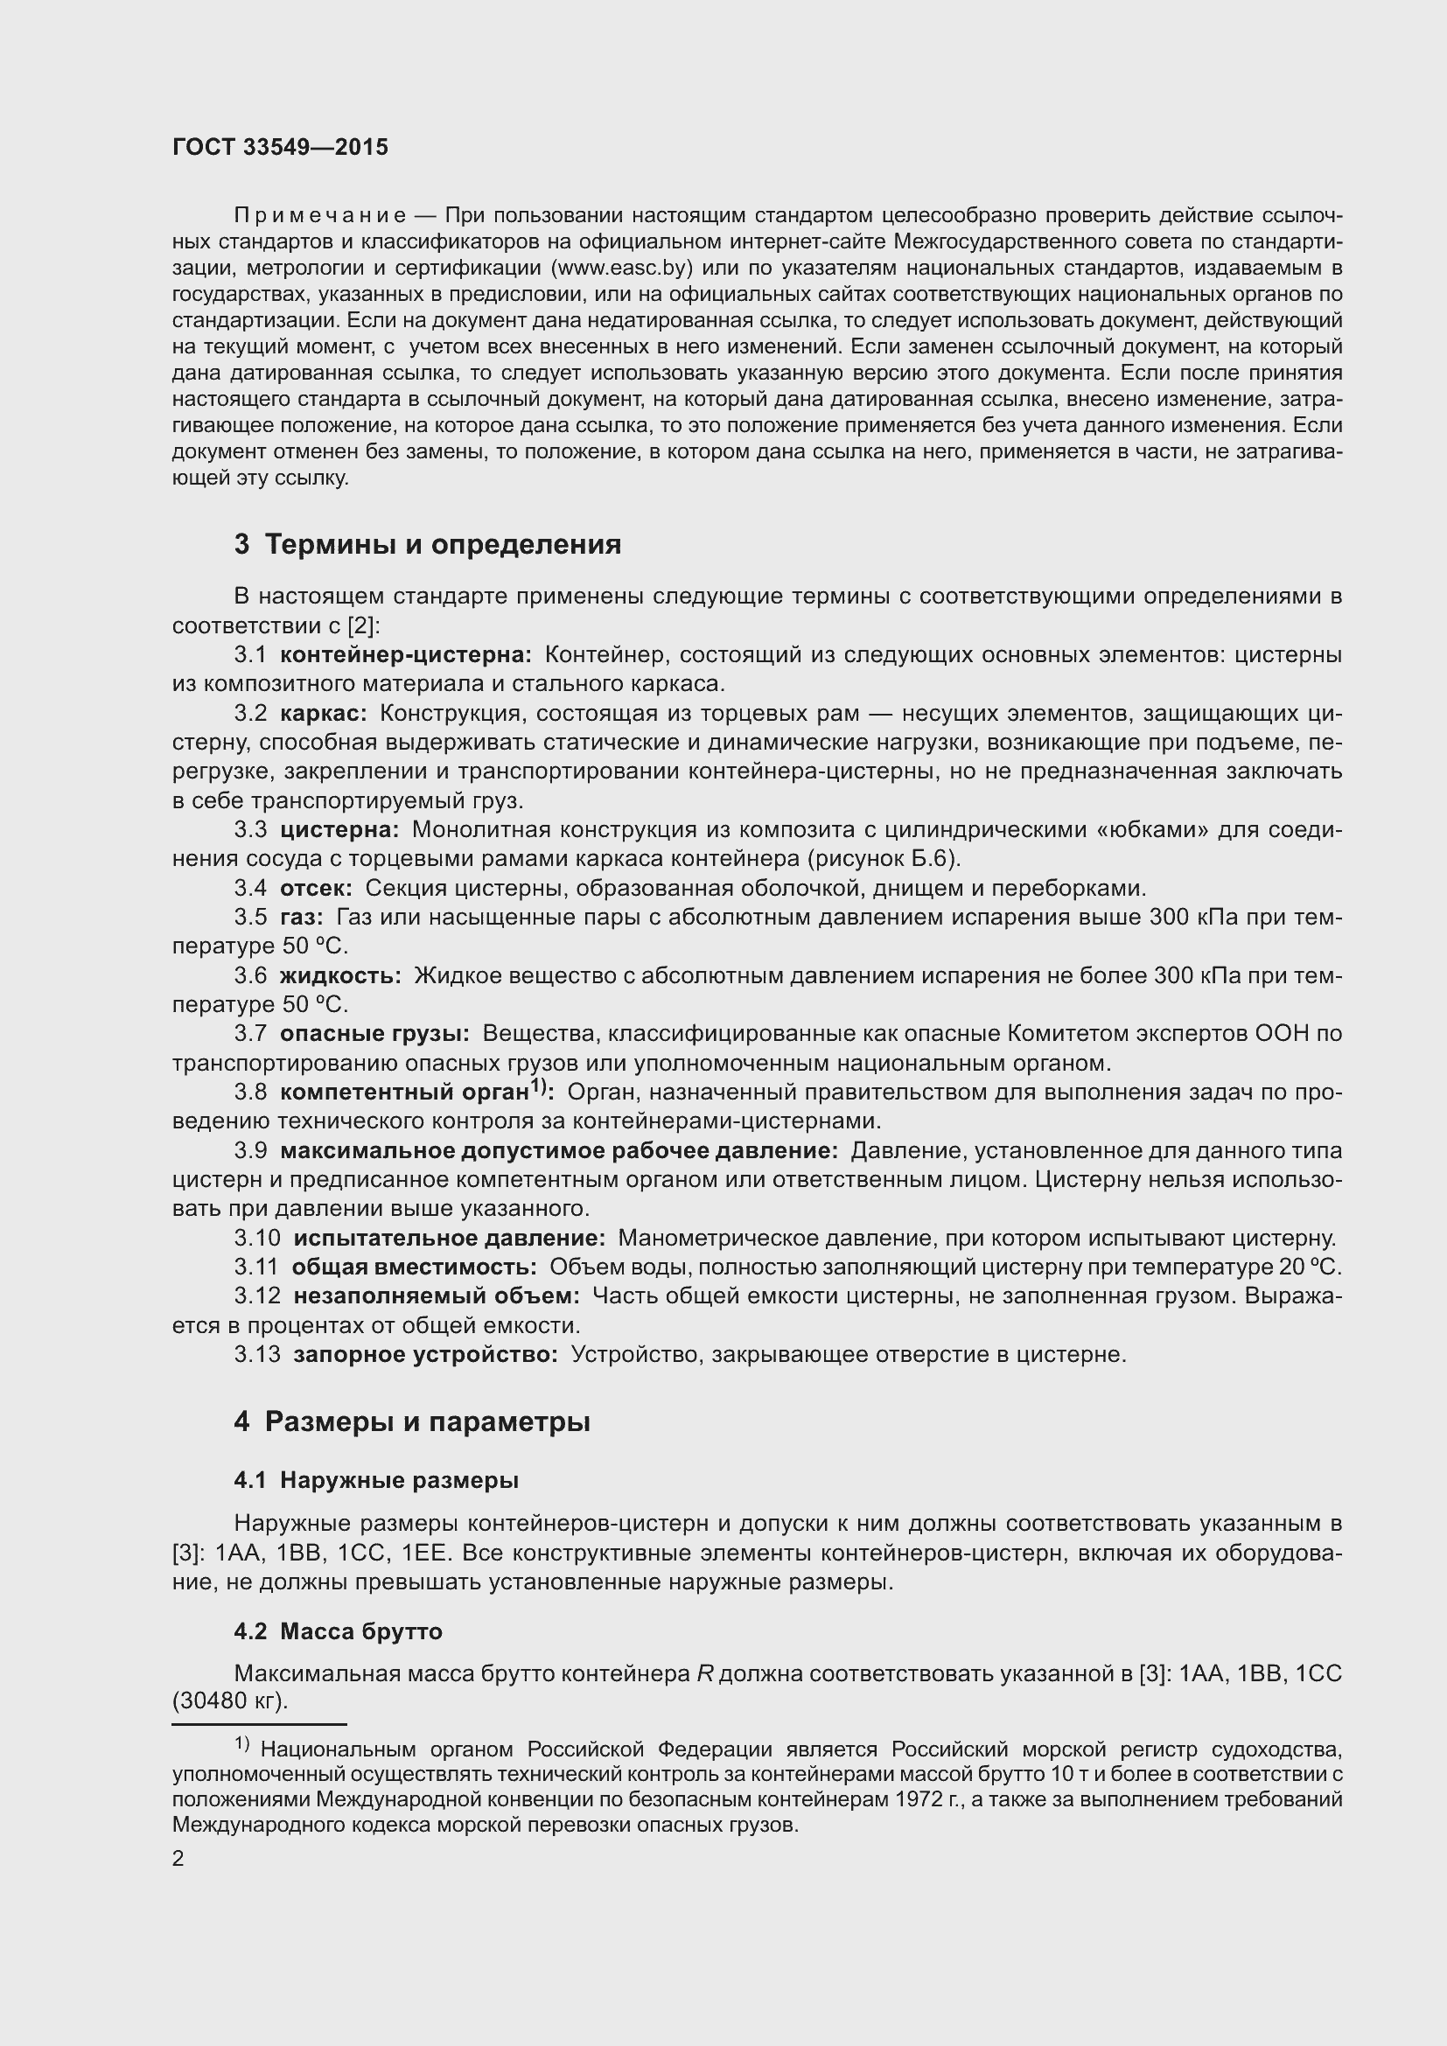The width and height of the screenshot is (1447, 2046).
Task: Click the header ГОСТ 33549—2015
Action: coord(280,148)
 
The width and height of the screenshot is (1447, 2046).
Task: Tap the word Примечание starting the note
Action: coord(320,216)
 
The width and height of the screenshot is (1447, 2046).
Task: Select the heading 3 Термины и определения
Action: coord(428,544)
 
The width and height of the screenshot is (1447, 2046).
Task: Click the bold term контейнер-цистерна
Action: coord(405,655)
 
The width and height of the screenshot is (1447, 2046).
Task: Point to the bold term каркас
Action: coord(324,714)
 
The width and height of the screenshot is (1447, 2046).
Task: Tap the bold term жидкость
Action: coord(340,976)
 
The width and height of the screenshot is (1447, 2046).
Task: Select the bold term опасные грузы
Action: coord(374,1034)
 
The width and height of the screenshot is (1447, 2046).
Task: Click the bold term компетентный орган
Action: coord(405,1093)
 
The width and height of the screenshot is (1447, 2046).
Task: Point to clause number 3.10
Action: coord(257,1239)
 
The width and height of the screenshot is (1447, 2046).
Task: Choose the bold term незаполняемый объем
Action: coord(437,1296)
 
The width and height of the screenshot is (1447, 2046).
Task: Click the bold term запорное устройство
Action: coord(425,1355)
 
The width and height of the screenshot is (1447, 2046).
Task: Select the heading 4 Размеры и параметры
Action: coord(412,1422)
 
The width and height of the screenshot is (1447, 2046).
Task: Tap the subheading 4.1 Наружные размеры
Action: coord(376,1481)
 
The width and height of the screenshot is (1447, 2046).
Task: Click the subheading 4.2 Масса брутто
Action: coord(338,1631)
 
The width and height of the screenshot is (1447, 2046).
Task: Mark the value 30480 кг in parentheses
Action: coord(229,1701)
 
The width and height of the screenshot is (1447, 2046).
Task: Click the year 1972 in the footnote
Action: coord(925,1799)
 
